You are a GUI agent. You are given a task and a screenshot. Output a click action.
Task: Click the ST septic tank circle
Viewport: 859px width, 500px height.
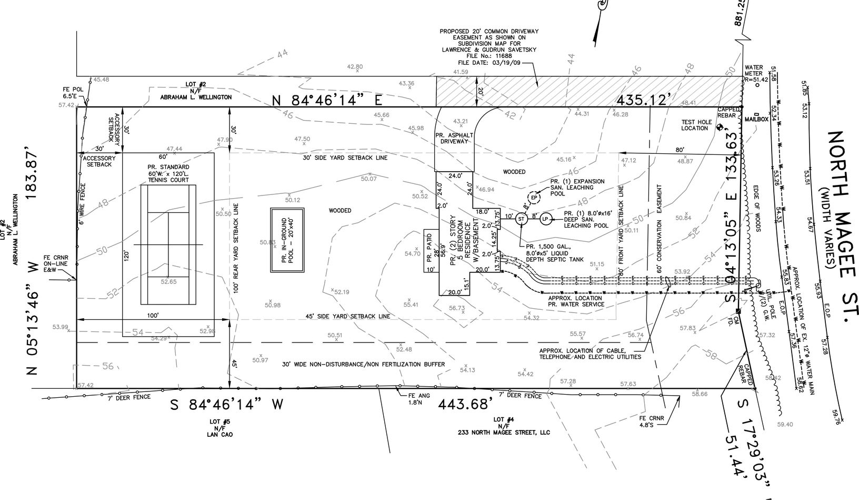[x=521, y=219]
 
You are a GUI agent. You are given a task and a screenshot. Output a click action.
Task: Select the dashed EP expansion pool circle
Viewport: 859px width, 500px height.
[x=534, y=198]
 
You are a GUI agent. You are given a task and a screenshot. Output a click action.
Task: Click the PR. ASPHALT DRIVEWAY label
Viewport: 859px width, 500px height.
[x=455, y=138]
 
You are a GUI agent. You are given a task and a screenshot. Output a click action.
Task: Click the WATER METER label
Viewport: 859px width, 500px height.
[x=754, y=70]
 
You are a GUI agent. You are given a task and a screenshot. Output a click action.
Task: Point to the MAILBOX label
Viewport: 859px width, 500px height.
[x=756, y=120]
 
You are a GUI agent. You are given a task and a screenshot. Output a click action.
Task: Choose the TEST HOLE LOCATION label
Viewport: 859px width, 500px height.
[x=696, y=125]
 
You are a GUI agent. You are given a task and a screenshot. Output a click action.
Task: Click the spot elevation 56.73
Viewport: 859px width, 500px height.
[x=457, y=308]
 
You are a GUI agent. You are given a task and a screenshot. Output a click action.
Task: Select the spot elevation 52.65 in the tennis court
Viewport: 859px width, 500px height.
[x=168, y=281]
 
